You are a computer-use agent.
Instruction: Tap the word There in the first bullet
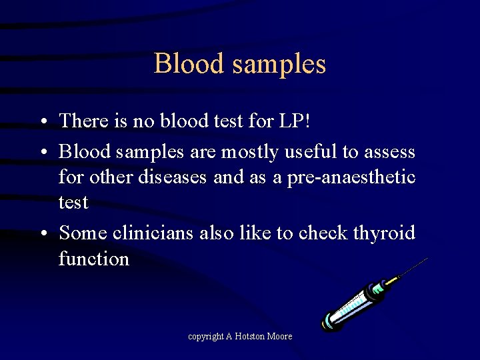[x=84, y=121]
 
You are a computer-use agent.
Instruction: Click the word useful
[x=311, y=152]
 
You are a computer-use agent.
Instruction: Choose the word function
[x=94, y=258]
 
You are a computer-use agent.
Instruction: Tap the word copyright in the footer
[x=205, y=337]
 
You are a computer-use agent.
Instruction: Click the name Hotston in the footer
[x=250, y=337]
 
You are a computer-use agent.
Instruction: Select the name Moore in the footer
[x=280, y=337]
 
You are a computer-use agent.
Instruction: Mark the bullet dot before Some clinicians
[x=42, y=233]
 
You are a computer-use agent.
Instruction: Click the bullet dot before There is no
[x=42, y=121]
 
